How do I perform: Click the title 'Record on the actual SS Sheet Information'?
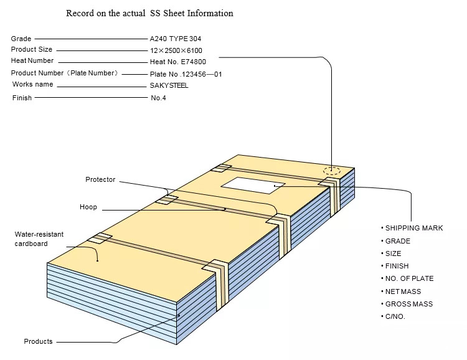click(x=149, y=14)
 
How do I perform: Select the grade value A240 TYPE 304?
click(x=176, y=39)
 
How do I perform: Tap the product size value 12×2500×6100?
click(x=176, y=50)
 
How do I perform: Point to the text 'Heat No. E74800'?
click(x=178, y=62)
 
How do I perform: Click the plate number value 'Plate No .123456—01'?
click(x=186, y=74)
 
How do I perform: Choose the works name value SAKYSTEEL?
click(x=169, y=85)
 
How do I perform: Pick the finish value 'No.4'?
click(x=158, y=98)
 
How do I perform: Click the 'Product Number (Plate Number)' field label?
click(x=64, y=73)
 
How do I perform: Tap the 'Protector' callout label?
click(x=100, y=179)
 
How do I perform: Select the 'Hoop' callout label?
click(x=88, y=207)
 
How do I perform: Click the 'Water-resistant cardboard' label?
click(x=39, y=239)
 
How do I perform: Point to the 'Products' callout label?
click(x=38, y=341)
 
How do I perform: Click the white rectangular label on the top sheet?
click(x=253, y=186)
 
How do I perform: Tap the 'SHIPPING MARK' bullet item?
click(x=412, y=228)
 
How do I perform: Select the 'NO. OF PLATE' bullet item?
click(x=407, y=278)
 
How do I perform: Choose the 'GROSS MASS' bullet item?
click(x=407, y=304)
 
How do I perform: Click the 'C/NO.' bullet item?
click(x=393, y=316)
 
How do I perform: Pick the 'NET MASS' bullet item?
click(x=401, y=291)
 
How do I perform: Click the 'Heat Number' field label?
click(x=32, y=60)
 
